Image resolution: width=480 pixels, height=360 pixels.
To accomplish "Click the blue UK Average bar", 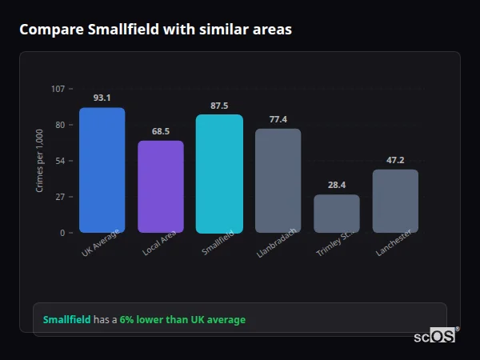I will pyautogui.click(x=102, y=170).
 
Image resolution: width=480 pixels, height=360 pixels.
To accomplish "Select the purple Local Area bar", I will pyautogui.click(x=161, y=186).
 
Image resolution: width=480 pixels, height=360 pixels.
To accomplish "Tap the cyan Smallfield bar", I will pyautogui.click(x=219, y=174).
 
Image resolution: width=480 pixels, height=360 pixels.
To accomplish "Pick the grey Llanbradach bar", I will pyautogui.click(x=278, y=181).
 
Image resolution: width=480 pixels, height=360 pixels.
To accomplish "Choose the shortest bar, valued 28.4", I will pyautogui.click(x=337, y=214).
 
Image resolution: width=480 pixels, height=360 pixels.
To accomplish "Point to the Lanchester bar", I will pyautogui.click(x=395, y=201).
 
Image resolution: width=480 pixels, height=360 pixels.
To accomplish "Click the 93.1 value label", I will pyautogui.click(x=102, y=98).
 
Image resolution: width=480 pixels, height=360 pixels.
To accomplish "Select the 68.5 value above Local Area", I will pyautogui.click(x=161, y=131).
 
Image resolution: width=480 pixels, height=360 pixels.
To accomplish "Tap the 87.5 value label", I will pyautogui.click(x=219, y=106).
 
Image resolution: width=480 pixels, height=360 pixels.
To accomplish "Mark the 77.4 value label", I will pyautogui.click(x=278, y=119).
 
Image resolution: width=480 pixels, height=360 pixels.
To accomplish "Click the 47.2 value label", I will pyautogui.click(x=395, y=160).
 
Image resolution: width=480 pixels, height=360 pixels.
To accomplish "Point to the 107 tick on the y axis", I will pyautogui.click(x=58, y=89).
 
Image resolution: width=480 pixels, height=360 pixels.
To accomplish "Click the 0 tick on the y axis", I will pyautogui.click(x=62, y=233).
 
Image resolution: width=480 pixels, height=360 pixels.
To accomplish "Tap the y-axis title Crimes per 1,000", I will pyautogui.click(x=40, y=161).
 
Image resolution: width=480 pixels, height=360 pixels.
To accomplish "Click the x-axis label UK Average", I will pyautogui.click(x=101, y=243).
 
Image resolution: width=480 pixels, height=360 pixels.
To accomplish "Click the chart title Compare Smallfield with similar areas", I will pyautogui.click(x=155, y=30).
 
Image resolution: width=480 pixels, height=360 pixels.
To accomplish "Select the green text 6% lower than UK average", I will pyautogui.click(x=182, y=320).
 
